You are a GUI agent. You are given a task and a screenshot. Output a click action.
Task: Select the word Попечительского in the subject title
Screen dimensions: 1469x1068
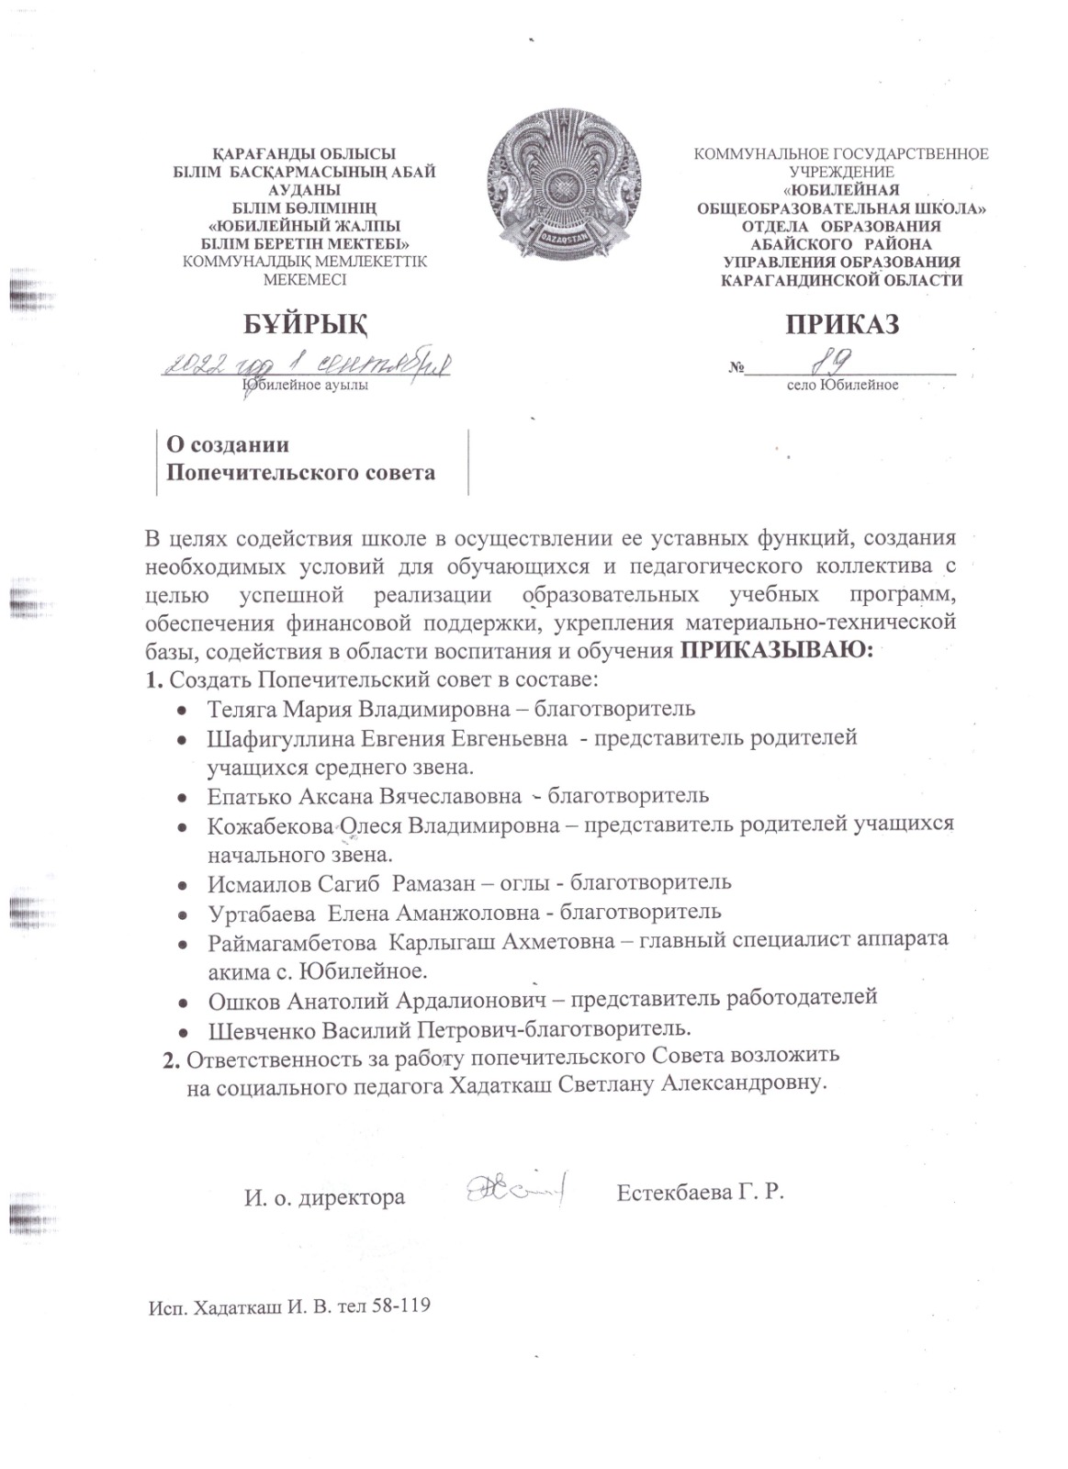point(263,474)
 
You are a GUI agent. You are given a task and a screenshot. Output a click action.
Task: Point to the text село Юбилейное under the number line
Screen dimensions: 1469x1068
point(841,385)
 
